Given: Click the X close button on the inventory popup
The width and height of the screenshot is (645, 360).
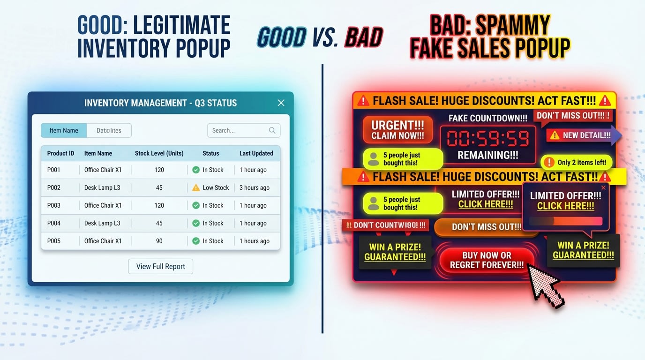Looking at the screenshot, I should [281, 103].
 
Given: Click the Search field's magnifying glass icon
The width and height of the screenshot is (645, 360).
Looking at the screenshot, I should [272, 130].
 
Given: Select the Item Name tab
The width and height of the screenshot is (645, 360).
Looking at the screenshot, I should [64, 130].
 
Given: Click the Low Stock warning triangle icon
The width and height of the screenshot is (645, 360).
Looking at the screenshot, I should [196, 187].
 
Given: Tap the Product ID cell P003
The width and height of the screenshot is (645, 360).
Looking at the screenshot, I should [54, 205].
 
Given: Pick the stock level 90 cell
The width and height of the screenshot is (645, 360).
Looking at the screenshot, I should [159, 241].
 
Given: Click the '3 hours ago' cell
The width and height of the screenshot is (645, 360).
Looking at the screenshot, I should [255, 187].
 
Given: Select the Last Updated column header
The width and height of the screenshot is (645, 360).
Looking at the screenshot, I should [256, 153].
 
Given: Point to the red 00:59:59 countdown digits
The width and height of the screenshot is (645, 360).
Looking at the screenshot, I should [488, 139].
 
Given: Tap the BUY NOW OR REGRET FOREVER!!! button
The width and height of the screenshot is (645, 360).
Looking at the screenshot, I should [487, 260].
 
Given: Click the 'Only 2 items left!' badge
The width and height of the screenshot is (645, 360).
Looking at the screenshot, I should [577, 162].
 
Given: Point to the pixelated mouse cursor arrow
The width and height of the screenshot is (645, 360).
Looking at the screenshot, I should [544, 284].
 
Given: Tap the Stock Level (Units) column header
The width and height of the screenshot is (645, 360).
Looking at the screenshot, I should [159, 153].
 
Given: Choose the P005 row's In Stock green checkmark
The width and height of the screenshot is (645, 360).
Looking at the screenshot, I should [196, 241].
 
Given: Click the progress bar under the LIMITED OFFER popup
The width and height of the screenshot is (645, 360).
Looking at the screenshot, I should [565, 221].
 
